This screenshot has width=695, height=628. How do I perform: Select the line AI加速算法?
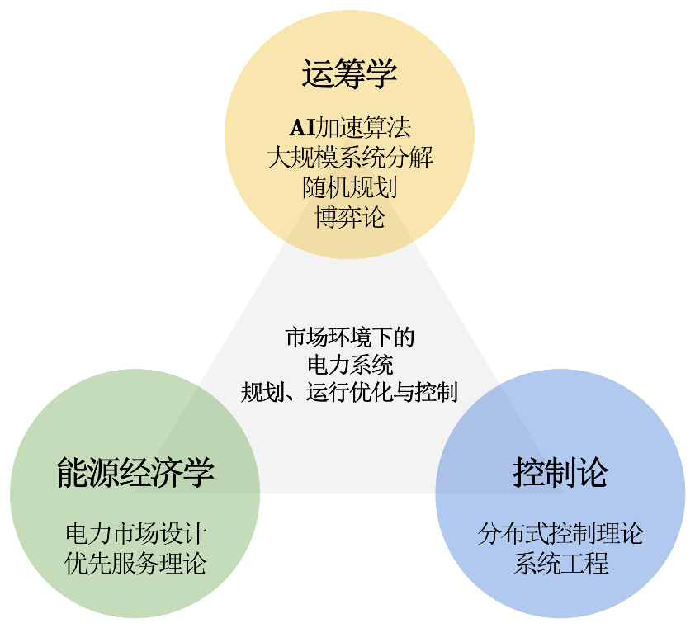coord(349,128)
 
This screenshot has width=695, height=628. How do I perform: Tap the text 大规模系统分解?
coord(349,157)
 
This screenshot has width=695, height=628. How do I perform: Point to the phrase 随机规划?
coord(349,186)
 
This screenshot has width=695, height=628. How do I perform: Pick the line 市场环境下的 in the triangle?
coord(349,338)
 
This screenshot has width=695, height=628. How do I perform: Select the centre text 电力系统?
coord(349,364)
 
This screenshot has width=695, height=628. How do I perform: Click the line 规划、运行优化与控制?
coord(349,391)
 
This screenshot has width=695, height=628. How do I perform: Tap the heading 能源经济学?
coord(135,473)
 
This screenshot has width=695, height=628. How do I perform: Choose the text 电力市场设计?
coord(135,533)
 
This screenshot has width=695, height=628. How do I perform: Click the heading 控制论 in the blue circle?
coord(560,473)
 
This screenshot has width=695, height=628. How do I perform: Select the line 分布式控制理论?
coord(560,533)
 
